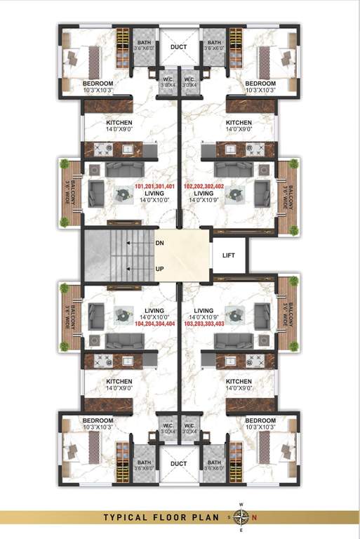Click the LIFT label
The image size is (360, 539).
(228, 256)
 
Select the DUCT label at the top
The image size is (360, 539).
(178, 47)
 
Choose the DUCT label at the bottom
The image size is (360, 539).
(178, 464)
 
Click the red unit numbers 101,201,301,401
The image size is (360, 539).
(154, 187)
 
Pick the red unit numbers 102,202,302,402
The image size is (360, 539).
(204, 187)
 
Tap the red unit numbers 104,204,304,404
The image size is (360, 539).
(154, 324)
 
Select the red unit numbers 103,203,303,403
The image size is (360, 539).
(204, 324)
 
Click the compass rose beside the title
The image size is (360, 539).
(241, 518)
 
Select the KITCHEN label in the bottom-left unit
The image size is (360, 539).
(120, 382)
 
